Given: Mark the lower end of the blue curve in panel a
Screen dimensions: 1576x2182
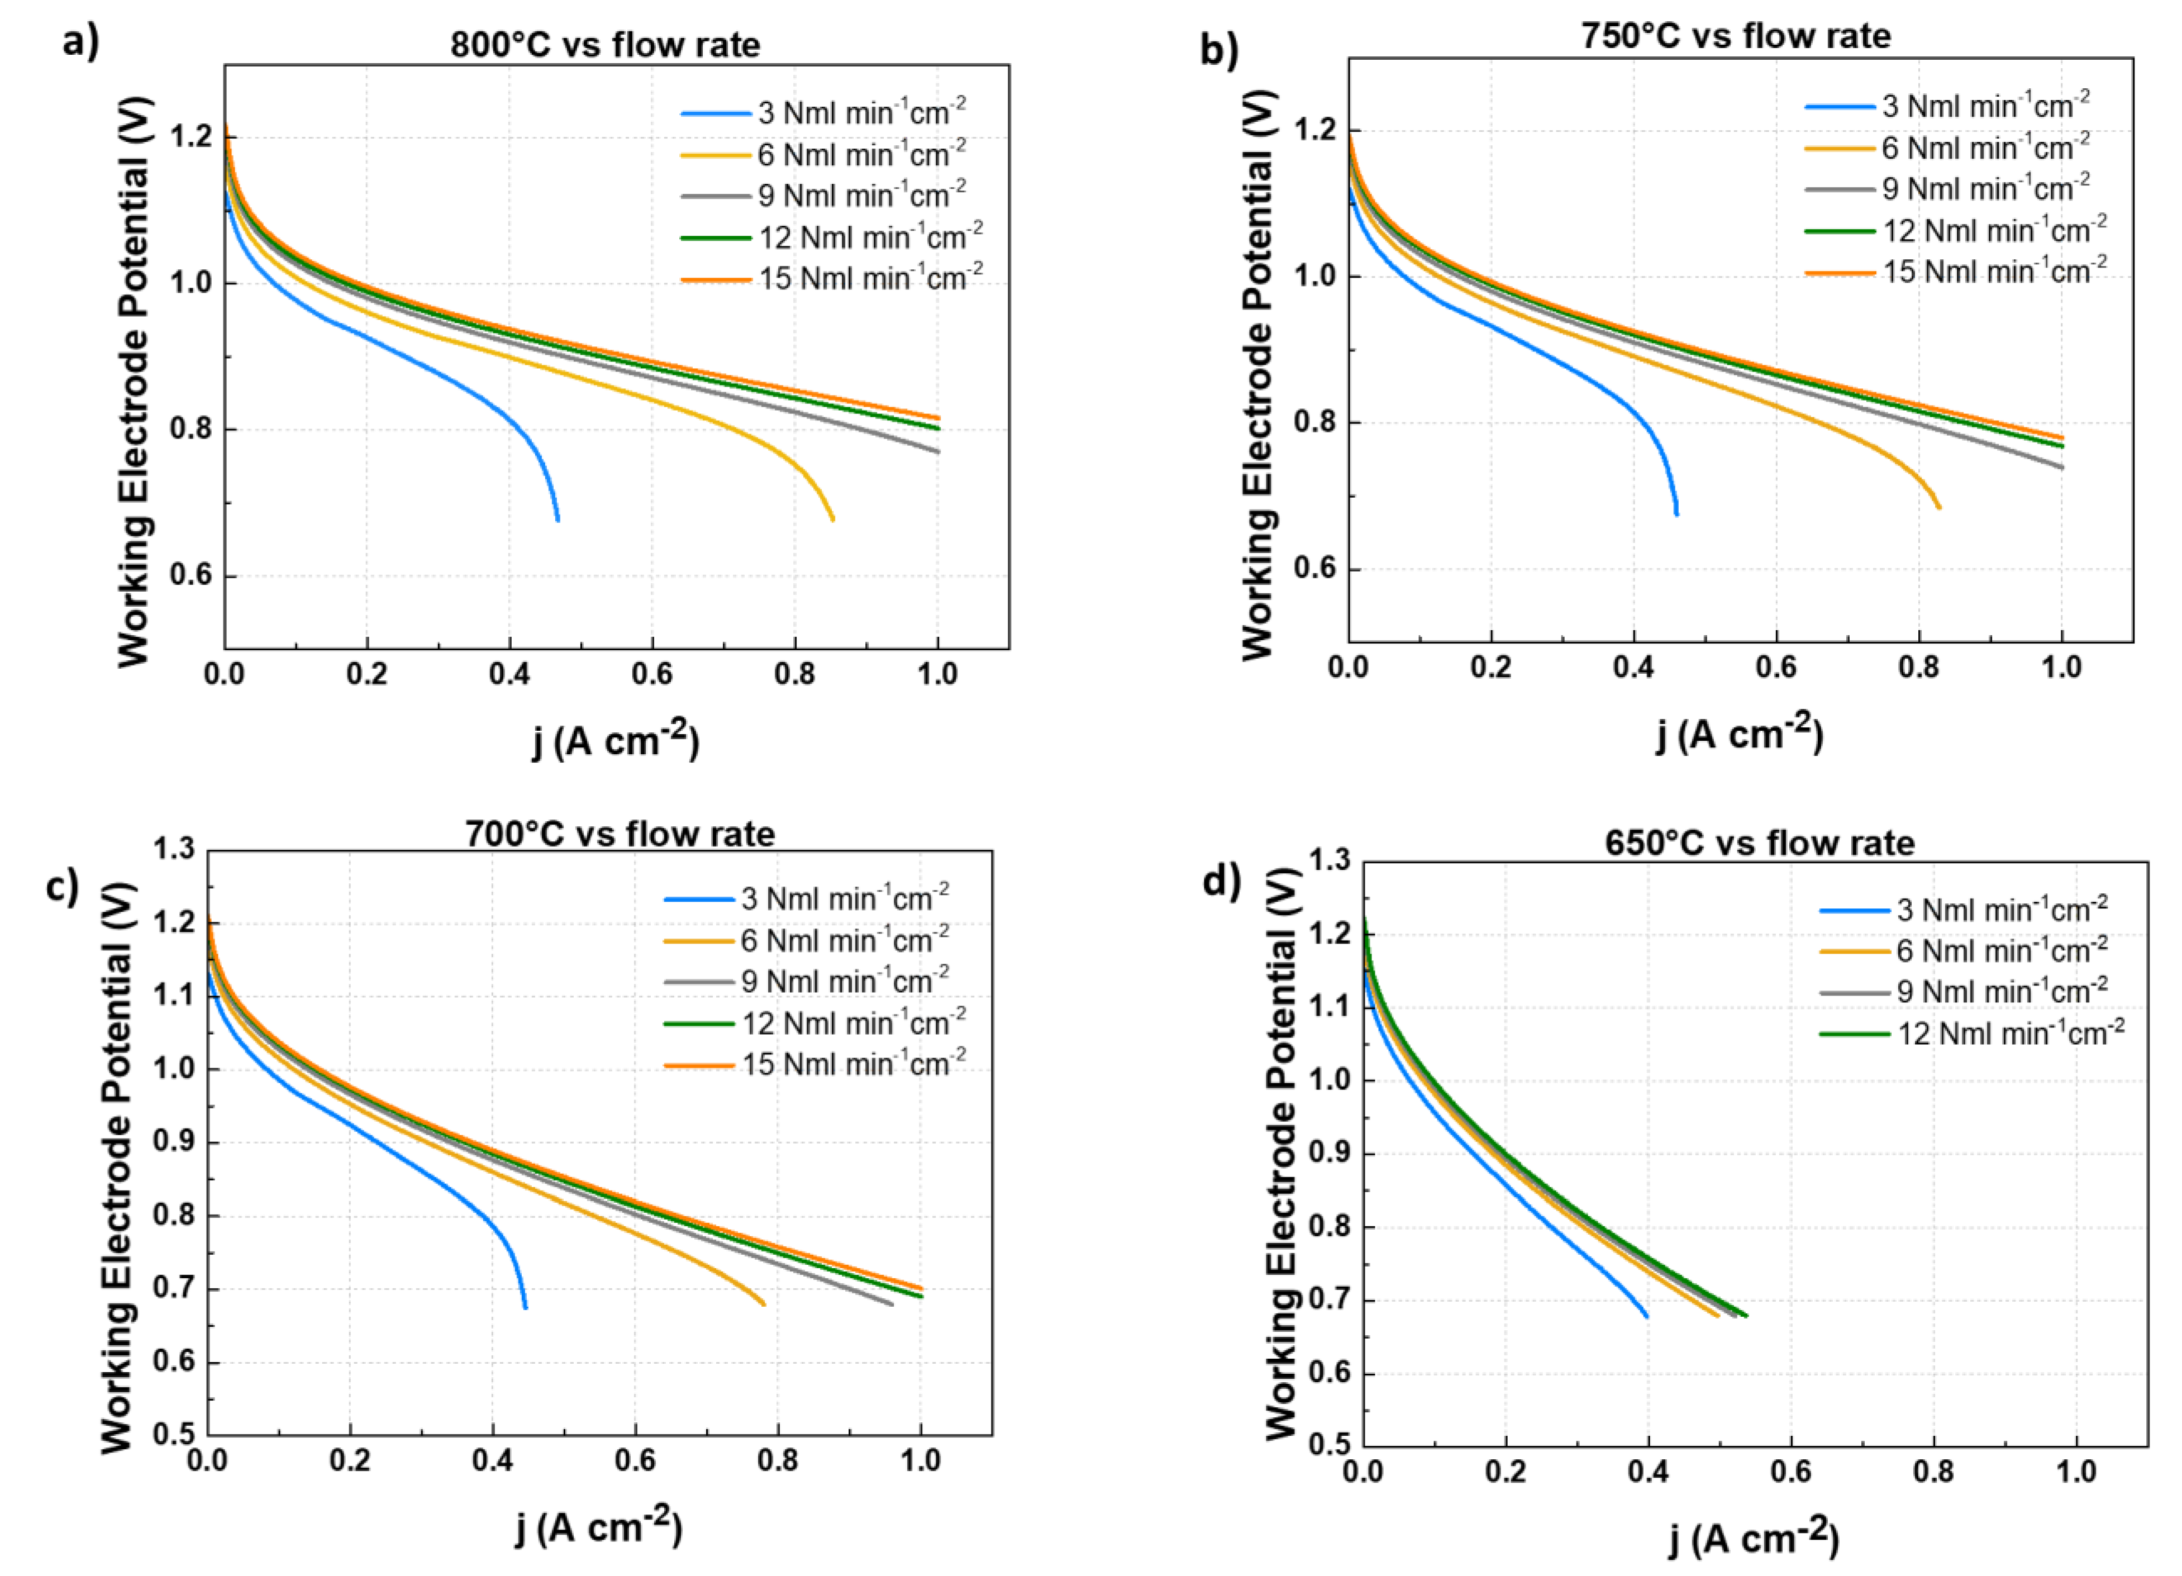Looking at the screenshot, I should [x=557, y=520].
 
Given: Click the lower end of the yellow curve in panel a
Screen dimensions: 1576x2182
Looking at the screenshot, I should [x=832, y=520].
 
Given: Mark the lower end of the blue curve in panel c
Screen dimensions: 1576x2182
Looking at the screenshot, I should [x=525, y=1307].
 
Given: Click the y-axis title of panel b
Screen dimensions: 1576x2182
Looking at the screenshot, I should [x=1257, y=375].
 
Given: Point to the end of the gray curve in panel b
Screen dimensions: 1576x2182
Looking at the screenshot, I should [x=2062, y=468].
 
